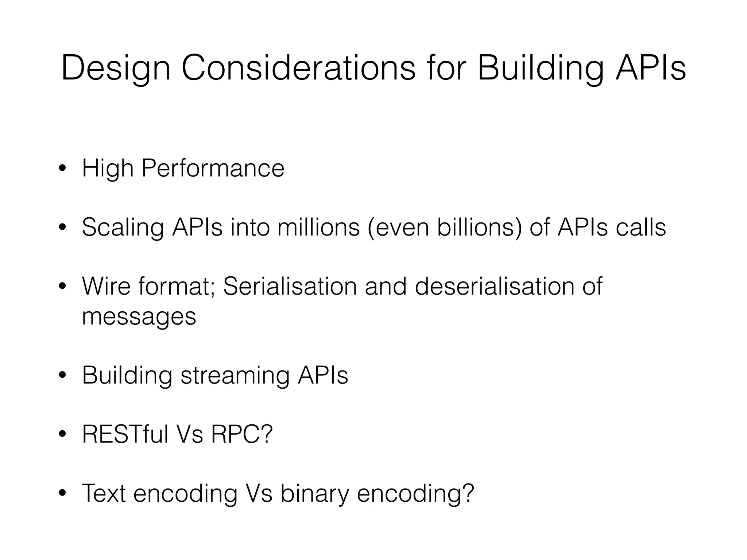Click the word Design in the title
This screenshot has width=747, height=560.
coord(116,69)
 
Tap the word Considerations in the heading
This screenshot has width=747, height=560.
coord(298,68)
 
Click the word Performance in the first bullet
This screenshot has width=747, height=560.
coord(213,168)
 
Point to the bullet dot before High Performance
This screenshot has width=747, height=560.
coord(62,169)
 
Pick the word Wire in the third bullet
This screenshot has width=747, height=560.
coord(106,286)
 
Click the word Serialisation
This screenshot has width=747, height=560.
coord(290,286)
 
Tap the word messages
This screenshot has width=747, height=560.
coord(139,316)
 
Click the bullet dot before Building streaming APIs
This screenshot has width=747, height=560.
coord(62,376)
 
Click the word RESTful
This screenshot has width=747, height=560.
coord(125,434)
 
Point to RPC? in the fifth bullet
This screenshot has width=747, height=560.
coord(241,434)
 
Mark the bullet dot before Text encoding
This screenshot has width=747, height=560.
coord(62,494)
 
